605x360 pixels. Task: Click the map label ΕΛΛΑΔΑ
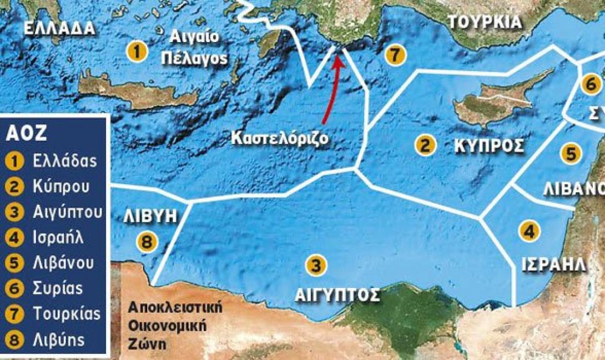tap(60, 28)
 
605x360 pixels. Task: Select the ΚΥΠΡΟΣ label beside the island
tap(489, 146)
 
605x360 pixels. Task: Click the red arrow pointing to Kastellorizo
tap(330, 89)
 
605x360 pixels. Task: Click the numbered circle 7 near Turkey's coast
tap(394, 55)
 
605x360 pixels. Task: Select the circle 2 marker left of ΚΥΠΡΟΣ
tap(425, 145)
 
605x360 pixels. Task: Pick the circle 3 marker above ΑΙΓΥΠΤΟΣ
tap(315, 265)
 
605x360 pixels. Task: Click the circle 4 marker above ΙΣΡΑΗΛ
tap(530, 230)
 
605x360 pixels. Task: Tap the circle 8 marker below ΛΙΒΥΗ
tap(147, 241)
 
